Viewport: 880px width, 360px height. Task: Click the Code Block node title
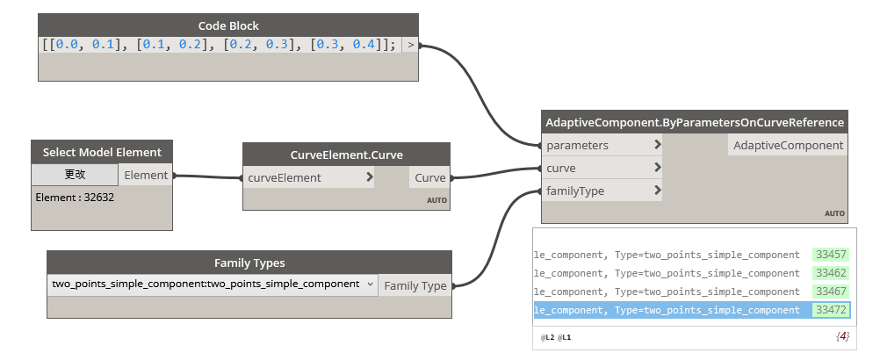pyautogui.click(x=228, y=25)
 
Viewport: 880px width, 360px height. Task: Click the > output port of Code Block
pyautogui.click(x=410, y=45)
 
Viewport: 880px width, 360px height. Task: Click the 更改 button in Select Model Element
pyautogui.click(x=75, y=175)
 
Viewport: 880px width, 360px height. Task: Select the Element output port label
pyautogui.click(x=146, y=175)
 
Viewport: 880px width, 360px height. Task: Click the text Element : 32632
pyautogui.click(x=75, y=198)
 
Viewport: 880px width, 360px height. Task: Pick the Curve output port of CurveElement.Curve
pyautogui.click(x=429, y=177)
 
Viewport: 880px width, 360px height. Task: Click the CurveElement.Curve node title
pyautogui.click(x=346, y=155)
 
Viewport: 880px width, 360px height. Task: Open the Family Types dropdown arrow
pyautogui.click(x=370, y=284)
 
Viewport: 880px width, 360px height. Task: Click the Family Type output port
pyautogui.click(x=415, y=285)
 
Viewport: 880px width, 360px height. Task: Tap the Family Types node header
pyautogui.click(x=249, y=263)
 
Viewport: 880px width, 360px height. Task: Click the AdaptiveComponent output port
pyautogui.click(x=788, y=145)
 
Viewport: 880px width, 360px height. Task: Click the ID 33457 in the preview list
pyautogui.click(x=830, y=255)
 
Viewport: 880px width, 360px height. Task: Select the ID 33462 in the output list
pyautogui.click(x=830, y=273)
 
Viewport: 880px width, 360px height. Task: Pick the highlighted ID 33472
pyautogui.click(x=830, y=310)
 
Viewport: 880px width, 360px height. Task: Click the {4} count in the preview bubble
pyautogui.click(x=842, y=336)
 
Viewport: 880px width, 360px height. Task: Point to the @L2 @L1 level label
pyautogui.click(x=556, y=337)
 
